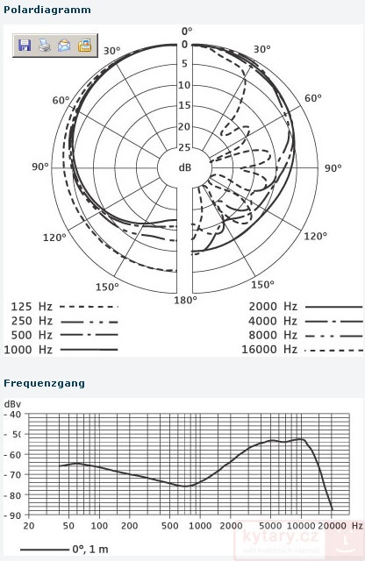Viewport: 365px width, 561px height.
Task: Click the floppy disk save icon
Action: (25, 46)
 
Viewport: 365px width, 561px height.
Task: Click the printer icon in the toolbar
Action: (45, 46)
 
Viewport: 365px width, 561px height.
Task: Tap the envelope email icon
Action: (64, 46)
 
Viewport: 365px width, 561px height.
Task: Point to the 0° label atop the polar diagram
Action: (184, 31)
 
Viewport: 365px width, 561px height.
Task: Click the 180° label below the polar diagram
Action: (184, 301)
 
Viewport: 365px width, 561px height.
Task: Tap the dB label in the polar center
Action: (185, 167)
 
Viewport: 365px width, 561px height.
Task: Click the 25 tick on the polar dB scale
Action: (184, 147)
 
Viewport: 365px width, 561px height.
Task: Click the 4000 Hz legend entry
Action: (273, 321)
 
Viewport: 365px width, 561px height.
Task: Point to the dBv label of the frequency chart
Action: (12, 404)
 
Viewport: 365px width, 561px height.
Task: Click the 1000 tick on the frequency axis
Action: (202, 526)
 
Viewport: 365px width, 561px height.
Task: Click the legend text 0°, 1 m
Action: (89, 550)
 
